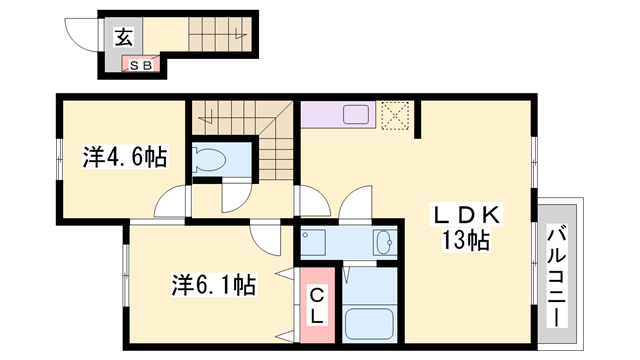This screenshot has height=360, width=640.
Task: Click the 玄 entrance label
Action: pyautogui.click(x=122, y=38)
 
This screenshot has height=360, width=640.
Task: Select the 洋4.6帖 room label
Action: pyautogui.click(x=124, y=157)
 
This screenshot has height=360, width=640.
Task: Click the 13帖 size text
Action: pyautogui.click(x=465, y=240)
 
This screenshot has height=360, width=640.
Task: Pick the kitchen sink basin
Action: pyautogui.click(x=357, y=114)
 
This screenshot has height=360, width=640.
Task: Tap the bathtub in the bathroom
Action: pyautogui.click(x=370, y=324)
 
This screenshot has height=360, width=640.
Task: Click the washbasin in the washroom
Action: pyautogui.click(x=384, y=243)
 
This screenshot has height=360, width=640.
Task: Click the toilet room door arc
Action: pyautogui.click(x=234, y=196)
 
